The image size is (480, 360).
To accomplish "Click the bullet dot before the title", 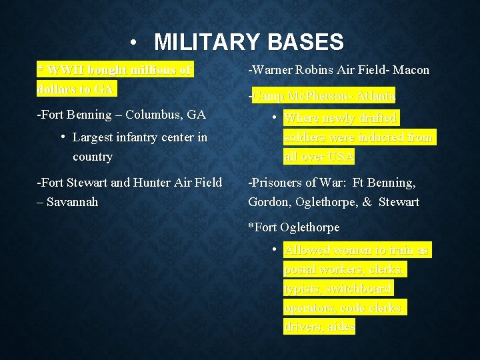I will tap(135, 43).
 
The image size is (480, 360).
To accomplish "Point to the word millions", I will tap(154, 69).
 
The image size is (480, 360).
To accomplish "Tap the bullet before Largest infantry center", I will tap(62, 137).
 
